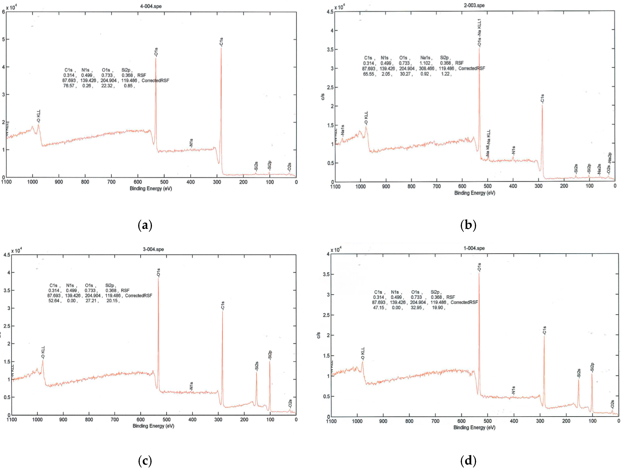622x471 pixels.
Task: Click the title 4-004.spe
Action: tap(151, 6)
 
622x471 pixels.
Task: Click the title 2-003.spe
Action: tap(474, 5)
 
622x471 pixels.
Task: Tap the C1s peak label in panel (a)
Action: tap(221, 42)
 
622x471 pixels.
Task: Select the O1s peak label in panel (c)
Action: tap(158, 273)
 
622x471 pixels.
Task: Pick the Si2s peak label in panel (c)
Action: tap(256, 366)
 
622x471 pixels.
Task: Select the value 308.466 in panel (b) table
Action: tap(426, 68)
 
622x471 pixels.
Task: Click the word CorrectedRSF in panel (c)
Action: tap(139, 296)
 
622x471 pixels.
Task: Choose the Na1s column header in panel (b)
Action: tap(425, 58)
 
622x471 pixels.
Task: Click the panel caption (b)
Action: tap(468, 225)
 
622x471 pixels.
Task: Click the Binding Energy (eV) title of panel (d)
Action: tap(474, 427)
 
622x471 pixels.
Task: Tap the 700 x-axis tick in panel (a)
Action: tap(111, 182)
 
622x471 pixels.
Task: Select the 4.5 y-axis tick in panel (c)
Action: tap(7, 255)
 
